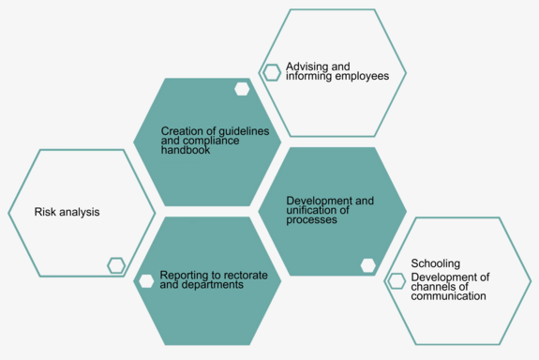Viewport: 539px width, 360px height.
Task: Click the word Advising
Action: click(x=305, y=67)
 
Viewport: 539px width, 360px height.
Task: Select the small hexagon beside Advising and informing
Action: click(x=272, y=72)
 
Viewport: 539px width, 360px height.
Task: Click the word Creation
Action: click(x=181, y=131)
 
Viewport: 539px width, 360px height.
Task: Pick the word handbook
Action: click(x=187, y=150)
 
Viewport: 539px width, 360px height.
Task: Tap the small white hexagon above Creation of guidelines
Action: click(x=242, y=89)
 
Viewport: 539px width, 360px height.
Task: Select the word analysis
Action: click(x=81, y=212)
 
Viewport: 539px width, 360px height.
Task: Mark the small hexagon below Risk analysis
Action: click(x=116, y=265)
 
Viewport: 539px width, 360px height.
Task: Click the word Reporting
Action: click(x=184, y=275)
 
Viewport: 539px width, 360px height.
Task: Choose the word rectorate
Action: click(x=245, y=275)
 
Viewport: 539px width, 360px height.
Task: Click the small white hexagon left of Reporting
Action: click(x=145, y=280)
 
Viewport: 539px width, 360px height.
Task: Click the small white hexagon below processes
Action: click(x=368, y=265)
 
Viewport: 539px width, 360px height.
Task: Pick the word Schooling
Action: click(x=436, y=263)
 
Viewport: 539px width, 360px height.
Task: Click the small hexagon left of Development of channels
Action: click(x=397, y=281)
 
